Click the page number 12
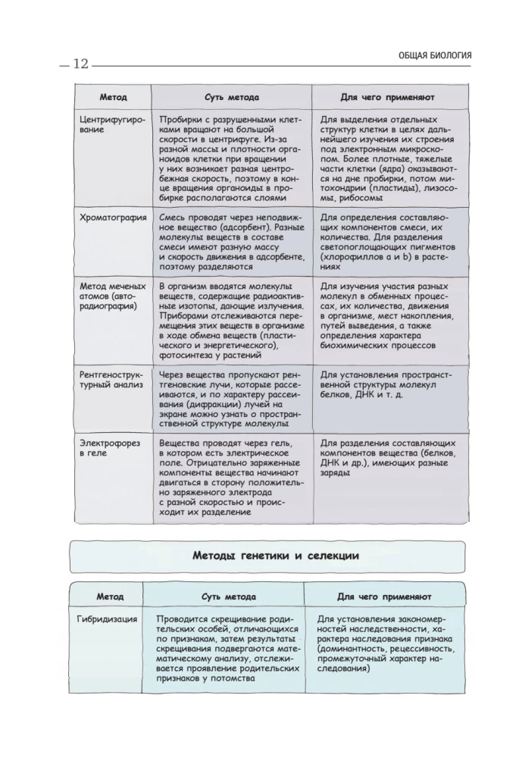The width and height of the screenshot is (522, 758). [x=80, y=64]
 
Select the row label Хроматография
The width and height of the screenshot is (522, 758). [x=113, y=217]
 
